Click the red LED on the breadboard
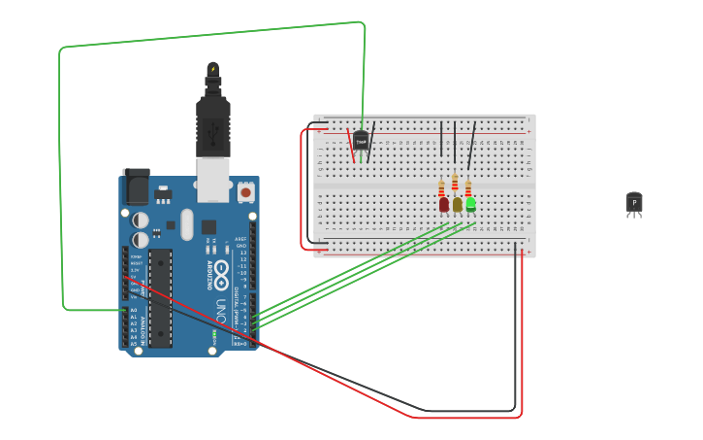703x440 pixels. (444, 204)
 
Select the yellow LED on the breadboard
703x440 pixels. (458, 204)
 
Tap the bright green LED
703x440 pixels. (471, 204)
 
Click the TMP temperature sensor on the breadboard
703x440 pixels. (361, 141)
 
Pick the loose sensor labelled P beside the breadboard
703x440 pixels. (634, 202)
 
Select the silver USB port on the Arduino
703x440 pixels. (212, 180)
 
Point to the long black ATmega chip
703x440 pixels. (160, 297)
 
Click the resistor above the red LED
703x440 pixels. (441, 187)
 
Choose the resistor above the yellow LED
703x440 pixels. (455, 182)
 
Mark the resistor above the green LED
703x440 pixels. (467, 187)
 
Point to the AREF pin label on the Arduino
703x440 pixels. (240, 238)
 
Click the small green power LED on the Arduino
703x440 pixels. (213, 336)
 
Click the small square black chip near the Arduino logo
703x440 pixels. (208, 227)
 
